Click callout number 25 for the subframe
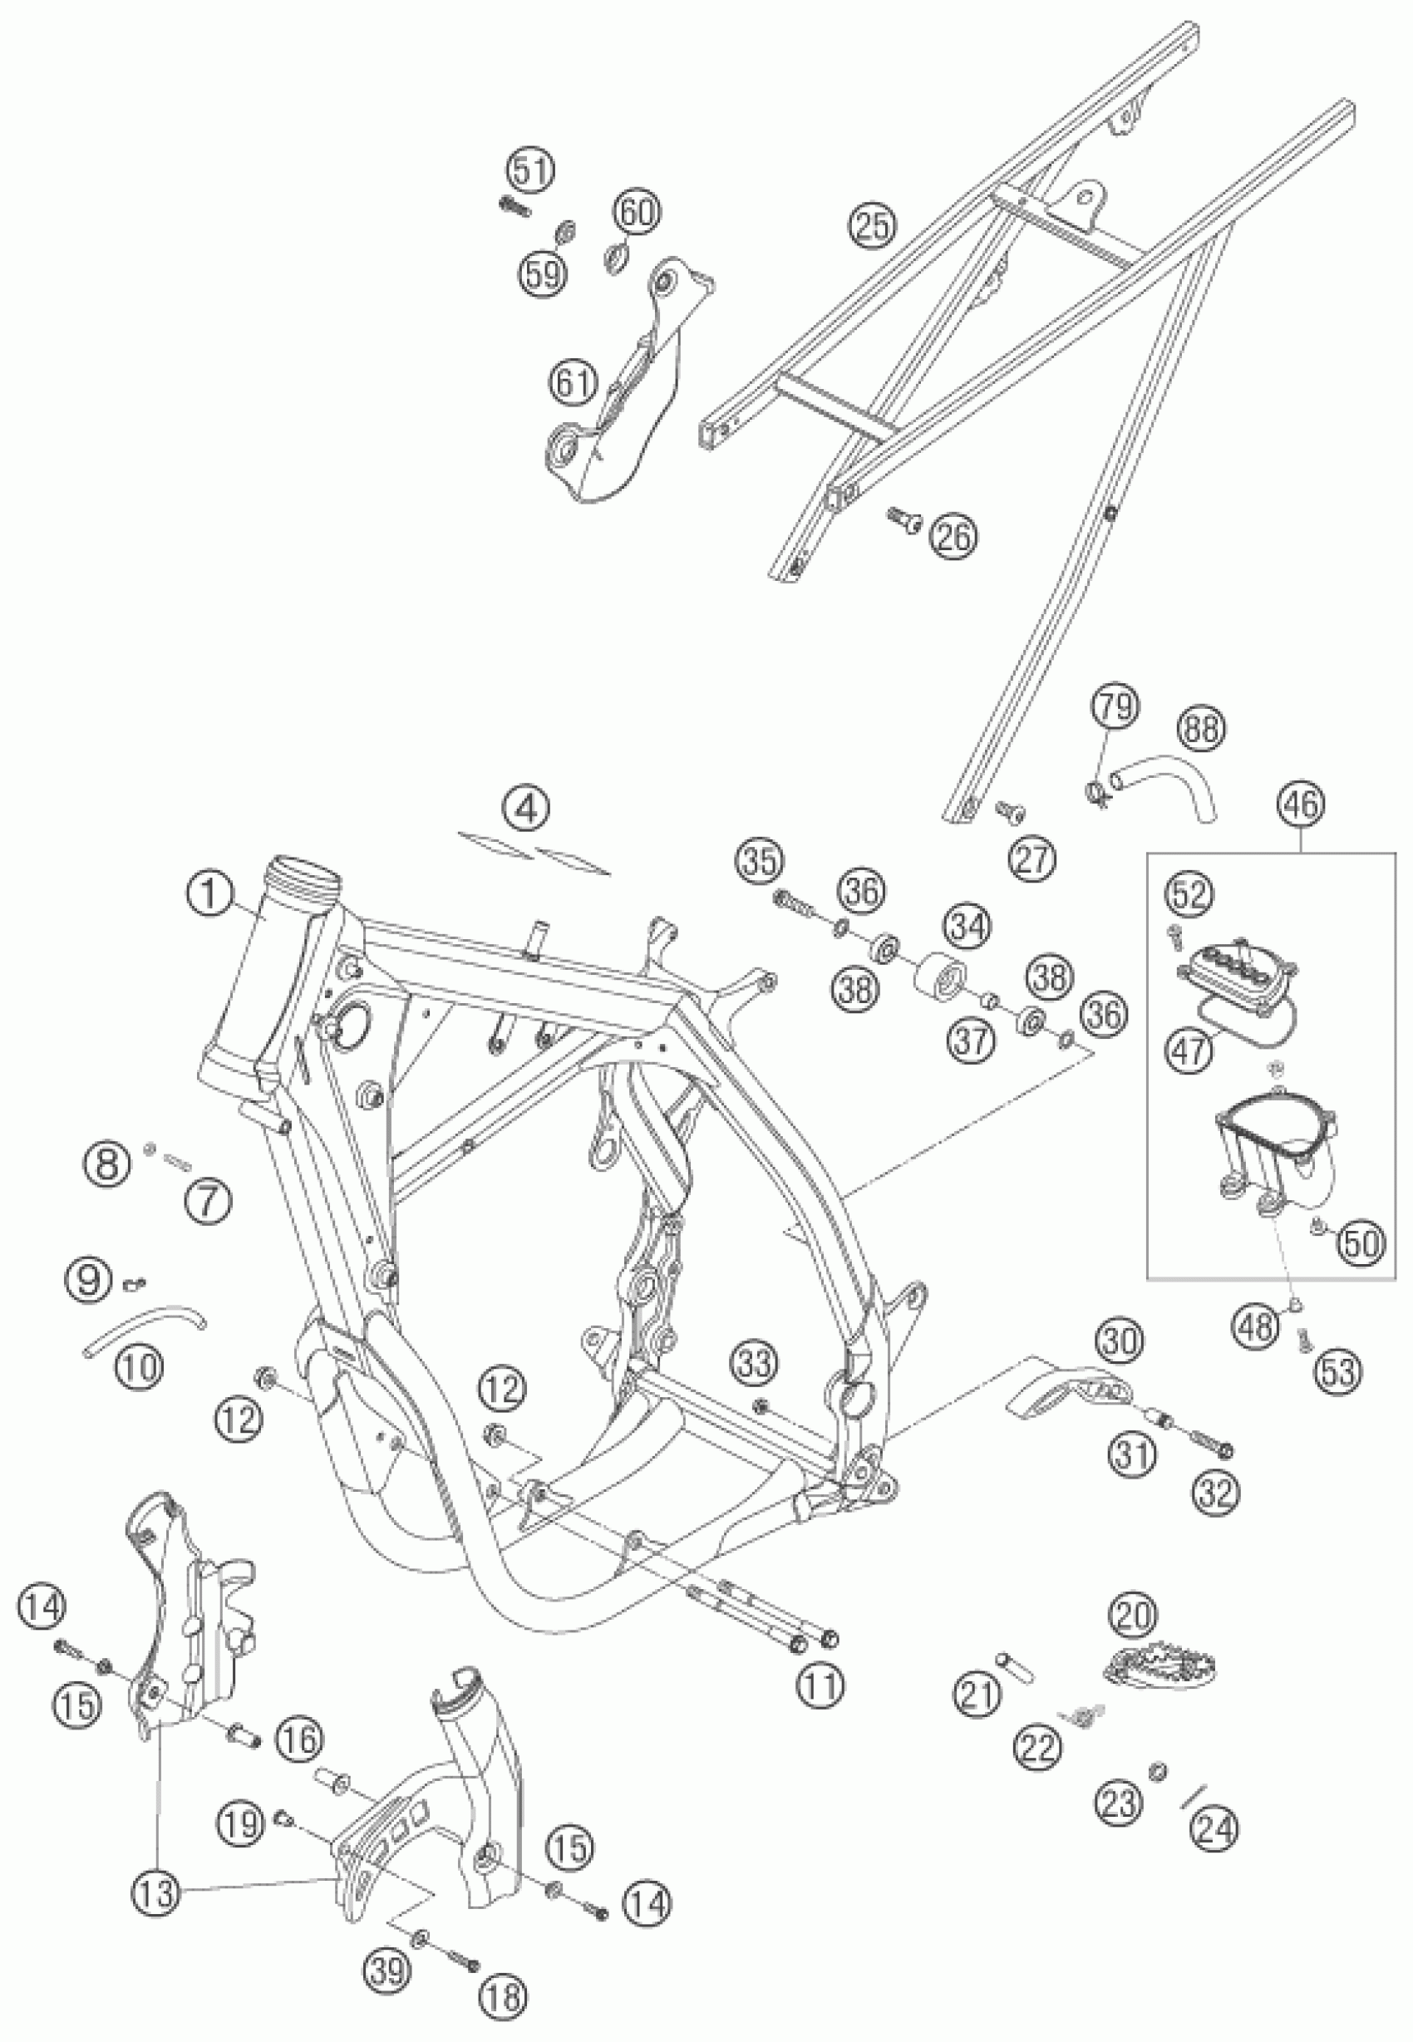point(872,226)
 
